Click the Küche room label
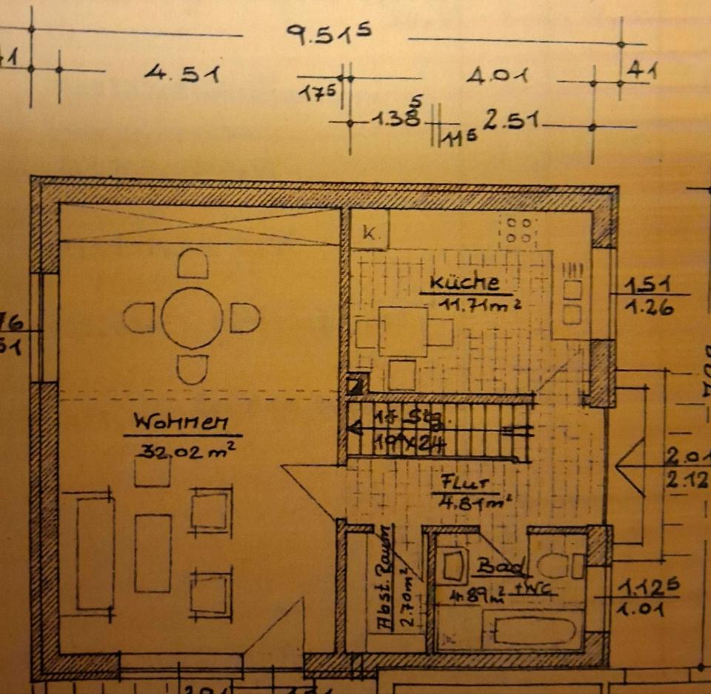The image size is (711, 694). tap(464, 282)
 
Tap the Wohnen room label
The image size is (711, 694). tap(180, 423)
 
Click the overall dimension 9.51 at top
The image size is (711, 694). tap(328, 34)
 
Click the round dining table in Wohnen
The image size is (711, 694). tap(192, 318)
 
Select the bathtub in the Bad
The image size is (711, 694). tap(534, 632)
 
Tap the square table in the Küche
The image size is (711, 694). tap(403, 331)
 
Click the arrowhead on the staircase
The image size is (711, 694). tap(355, 428)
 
